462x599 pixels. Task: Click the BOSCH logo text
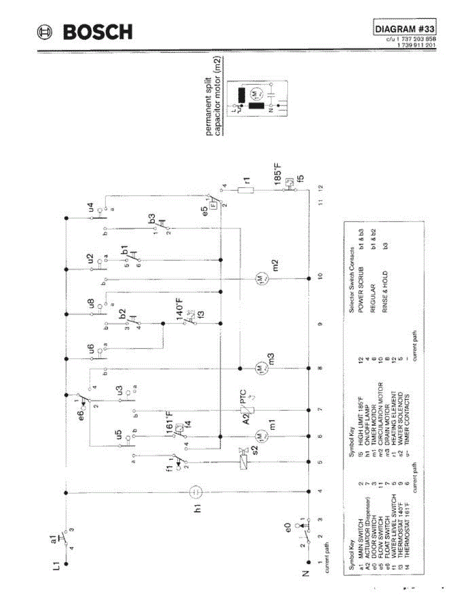point(97,32)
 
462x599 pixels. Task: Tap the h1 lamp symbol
point(197,493)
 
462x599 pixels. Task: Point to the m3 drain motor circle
point(260,368)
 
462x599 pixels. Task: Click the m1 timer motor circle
point(260,436)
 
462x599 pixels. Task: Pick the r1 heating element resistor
point(246,190)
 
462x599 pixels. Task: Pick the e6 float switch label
point(81,407)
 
